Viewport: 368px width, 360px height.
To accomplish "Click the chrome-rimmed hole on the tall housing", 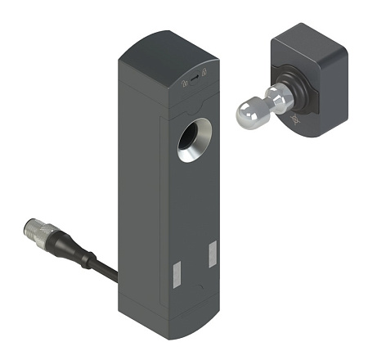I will pyautogui.click(x=195, y=139).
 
